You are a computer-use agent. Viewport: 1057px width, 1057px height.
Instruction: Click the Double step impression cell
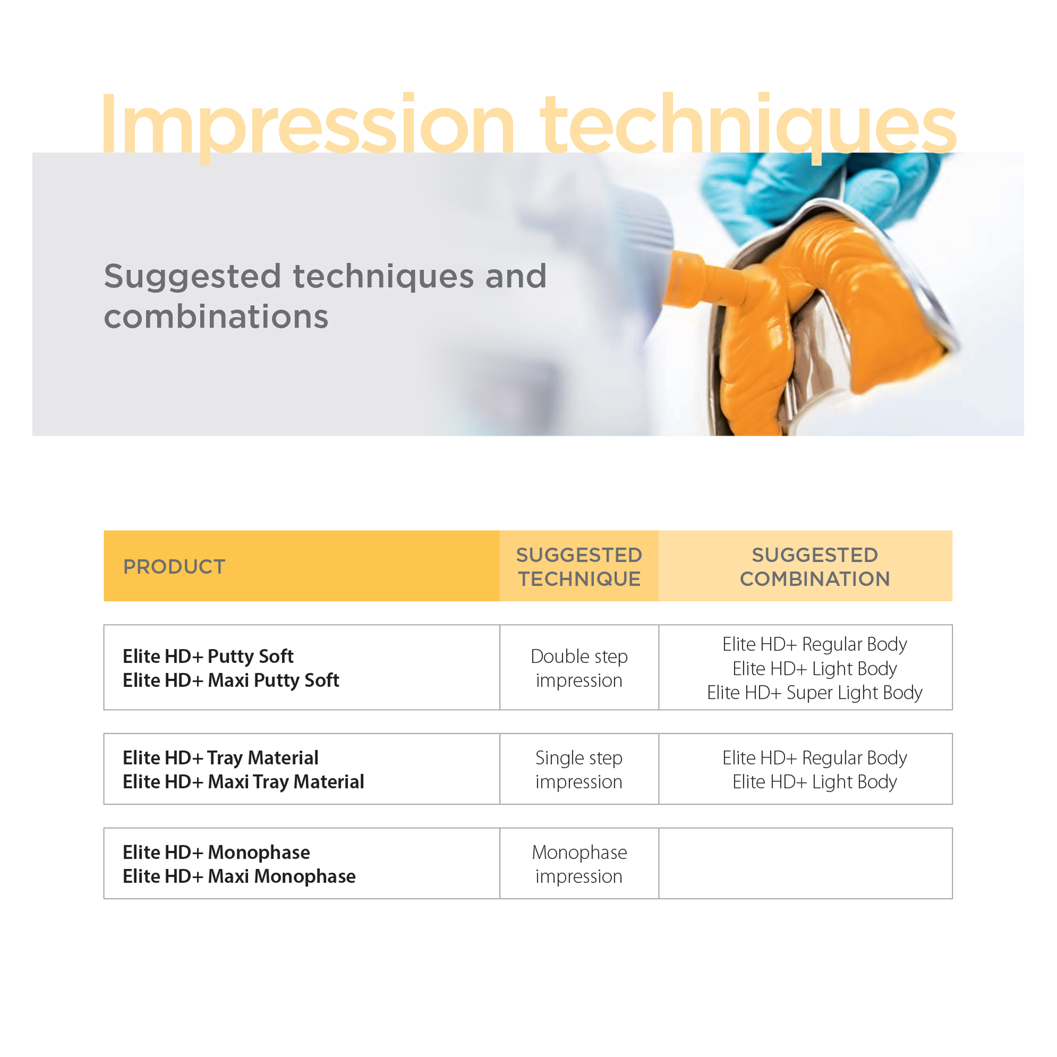click(x=579, y=668)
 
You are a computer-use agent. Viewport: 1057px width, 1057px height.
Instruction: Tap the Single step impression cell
click(x=579, y=769)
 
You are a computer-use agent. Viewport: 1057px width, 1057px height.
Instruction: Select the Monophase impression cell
click(x=579, y=864)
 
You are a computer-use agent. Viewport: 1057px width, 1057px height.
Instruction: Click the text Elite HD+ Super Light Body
click(x=815, y=692)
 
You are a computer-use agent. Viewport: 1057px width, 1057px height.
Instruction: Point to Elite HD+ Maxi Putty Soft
click(x=231, y=680)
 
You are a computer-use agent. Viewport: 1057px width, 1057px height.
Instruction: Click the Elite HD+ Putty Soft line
click(x=208, y=656)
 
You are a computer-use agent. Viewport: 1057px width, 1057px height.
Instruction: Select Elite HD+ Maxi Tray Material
click(x=244, y=782)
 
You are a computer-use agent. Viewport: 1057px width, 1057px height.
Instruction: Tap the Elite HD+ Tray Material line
click(x=220, y=758)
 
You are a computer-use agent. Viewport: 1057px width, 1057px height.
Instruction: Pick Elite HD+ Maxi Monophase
click(x=239, y=876)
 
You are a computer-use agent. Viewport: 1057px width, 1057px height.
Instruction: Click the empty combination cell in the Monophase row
click(x=805, y=863)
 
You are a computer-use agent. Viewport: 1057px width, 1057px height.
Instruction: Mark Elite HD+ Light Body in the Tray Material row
click(x=815, y=782)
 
